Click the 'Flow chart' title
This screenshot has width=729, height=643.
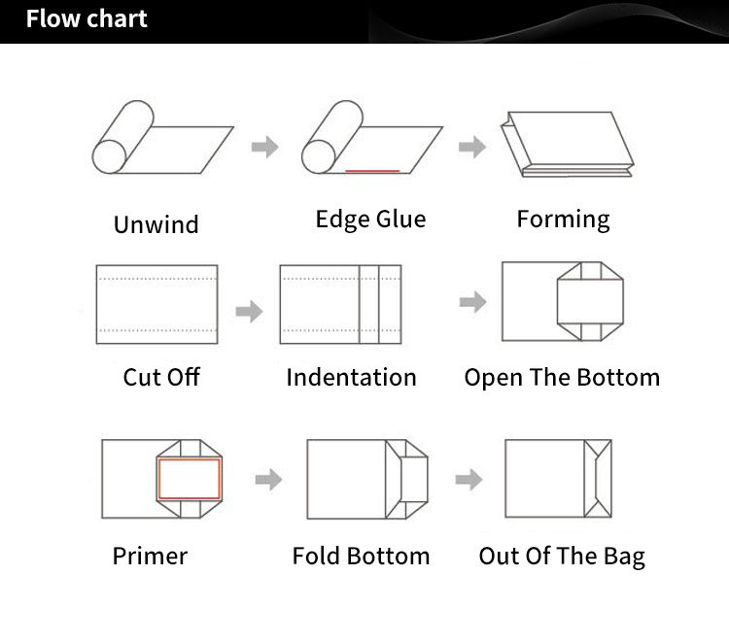coord(87,18)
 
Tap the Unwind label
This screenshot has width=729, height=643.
coord(156,224)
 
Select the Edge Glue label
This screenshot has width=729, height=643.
coord(370,220)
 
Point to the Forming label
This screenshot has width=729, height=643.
coord(563,220)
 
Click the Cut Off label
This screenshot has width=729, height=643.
coord(161,377)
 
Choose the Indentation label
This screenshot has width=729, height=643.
coord(351,377)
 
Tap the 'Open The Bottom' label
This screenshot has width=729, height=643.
coord(562,377)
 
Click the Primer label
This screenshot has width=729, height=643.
coord(150,556)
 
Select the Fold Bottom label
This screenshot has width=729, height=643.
coord(361,556)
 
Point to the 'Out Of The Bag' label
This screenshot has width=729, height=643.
coord(562,557)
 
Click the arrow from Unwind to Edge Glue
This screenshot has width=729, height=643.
coord(265,147)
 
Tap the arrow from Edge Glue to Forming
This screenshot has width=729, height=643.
coord(472,147)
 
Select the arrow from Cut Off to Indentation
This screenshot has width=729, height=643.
coord(249,311)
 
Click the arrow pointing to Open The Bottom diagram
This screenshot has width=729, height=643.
coord(472,302)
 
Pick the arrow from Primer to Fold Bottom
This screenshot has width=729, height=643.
coord(268,480)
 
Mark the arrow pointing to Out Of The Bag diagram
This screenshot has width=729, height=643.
coord(469,480)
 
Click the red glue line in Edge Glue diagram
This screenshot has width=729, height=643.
coord(372,171)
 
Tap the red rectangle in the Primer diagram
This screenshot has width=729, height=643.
coord(158,479)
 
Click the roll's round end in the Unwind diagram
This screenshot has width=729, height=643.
coord(110,157)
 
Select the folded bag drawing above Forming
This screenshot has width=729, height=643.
coord(568,144)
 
